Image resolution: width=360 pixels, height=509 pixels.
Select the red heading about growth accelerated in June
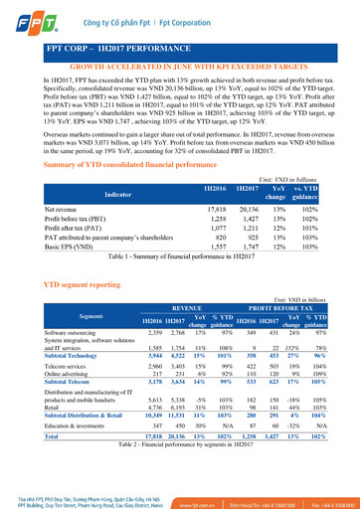pyautogui.click(x=179, y=65)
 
